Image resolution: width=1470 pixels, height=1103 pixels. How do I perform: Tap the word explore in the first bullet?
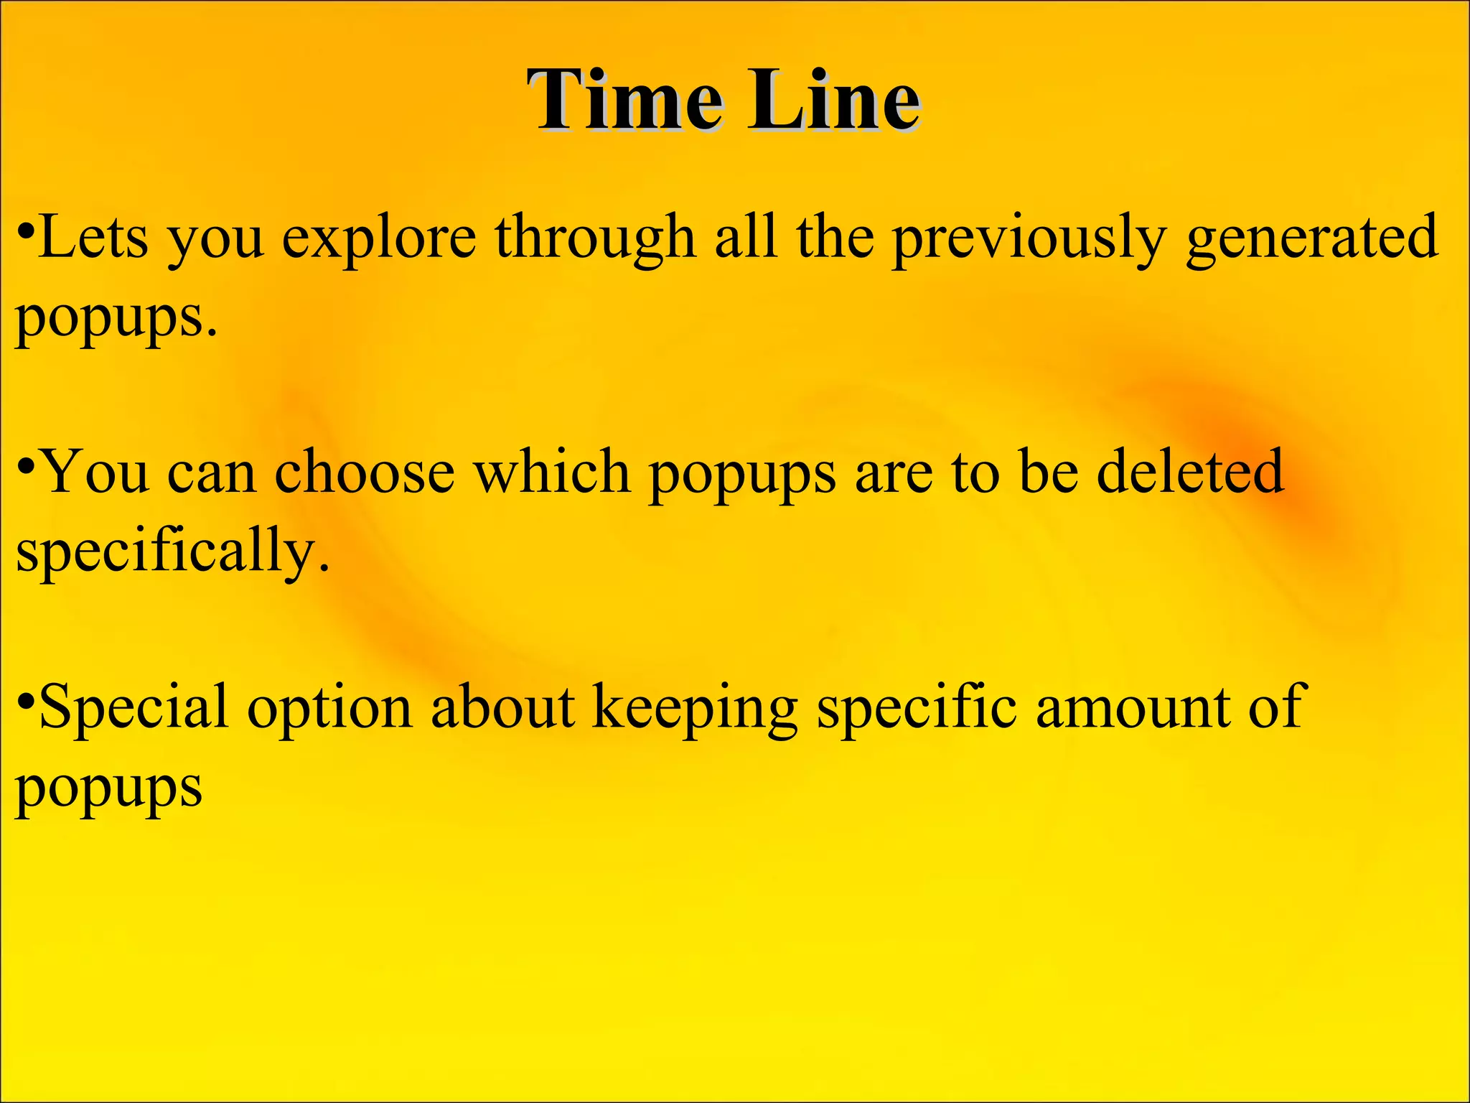[378, 238]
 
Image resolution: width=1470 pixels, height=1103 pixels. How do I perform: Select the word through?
[595, 238]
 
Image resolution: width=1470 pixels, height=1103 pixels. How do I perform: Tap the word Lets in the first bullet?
[93, 238]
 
